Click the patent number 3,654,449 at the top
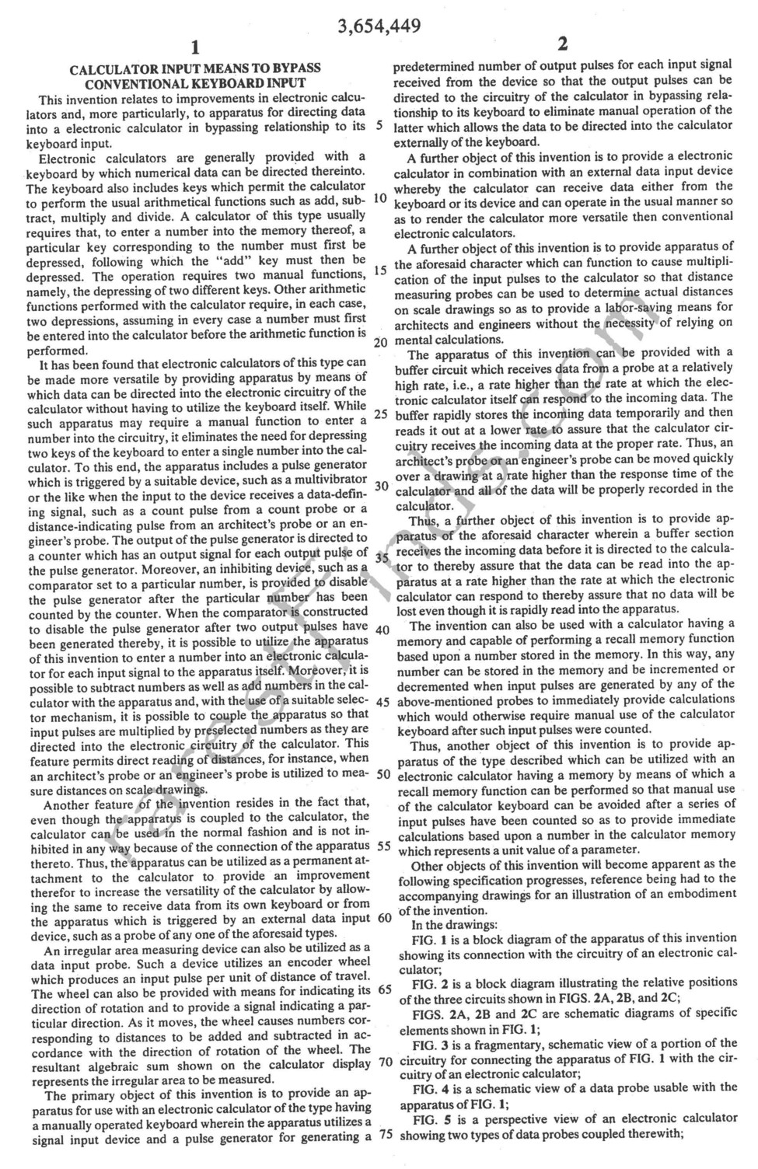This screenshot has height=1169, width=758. [379, 26]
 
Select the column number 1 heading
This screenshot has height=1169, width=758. [195, 45]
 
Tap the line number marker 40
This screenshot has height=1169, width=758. [381, 630]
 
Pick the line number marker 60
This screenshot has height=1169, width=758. [384, 917]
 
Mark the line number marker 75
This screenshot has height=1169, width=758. [384, 1134]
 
